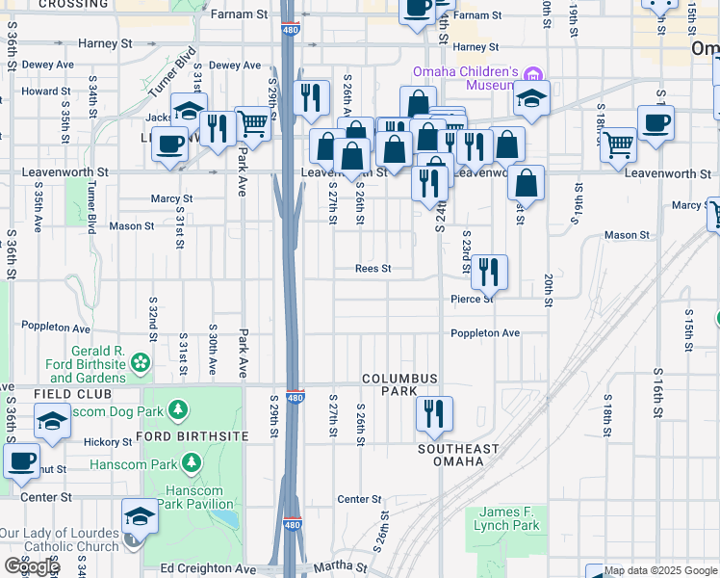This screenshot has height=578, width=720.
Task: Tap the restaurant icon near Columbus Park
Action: click(x=434, y=413)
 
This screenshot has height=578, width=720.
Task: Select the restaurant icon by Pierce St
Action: click(x=489, y=272)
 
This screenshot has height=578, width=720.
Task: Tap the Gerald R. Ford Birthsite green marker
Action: click(x=141, y=362)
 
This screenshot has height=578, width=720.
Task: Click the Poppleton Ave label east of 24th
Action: click(x=485, y=333)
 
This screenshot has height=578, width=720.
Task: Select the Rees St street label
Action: click(x=373, y=269)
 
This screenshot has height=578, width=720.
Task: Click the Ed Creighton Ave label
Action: click(x=209, y=568)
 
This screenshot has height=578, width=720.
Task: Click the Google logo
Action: click(x=31, y=567)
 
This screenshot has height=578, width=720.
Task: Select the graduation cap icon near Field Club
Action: click(x=52, y=421)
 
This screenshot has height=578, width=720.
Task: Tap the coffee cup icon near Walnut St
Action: click(x=21, y=460)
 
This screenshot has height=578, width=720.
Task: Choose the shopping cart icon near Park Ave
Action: click(x=252, y=122)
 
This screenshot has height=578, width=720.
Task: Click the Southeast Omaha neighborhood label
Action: click(x=458, y=455)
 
